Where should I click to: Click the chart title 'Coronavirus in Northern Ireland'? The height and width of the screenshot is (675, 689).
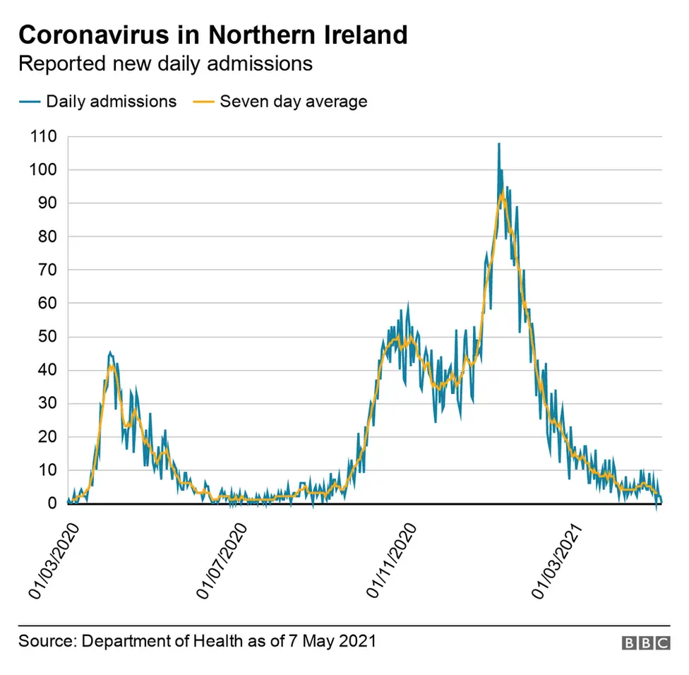(212, 35)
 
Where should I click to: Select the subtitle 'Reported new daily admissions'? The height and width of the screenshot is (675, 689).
(165, 64)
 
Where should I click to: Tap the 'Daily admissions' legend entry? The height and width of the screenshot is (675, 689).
(111, 101)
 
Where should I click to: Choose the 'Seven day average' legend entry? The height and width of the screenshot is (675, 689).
(293, 101)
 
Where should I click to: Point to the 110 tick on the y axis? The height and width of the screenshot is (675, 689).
(44, 136)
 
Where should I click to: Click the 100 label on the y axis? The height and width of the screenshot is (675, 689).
(44, 170)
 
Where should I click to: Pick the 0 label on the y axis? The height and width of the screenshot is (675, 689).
(52, 503)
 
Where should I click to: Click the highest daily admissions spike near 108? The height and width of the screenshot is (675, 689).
(499, 144)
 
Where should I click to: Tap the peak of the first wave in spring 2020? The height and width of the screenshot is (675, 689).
(110, 352)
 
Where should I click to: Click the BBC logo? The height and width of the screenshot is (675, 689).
(645, 643)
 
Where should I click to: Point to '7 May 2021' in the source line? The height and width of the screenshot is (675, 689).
(332, 641)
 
